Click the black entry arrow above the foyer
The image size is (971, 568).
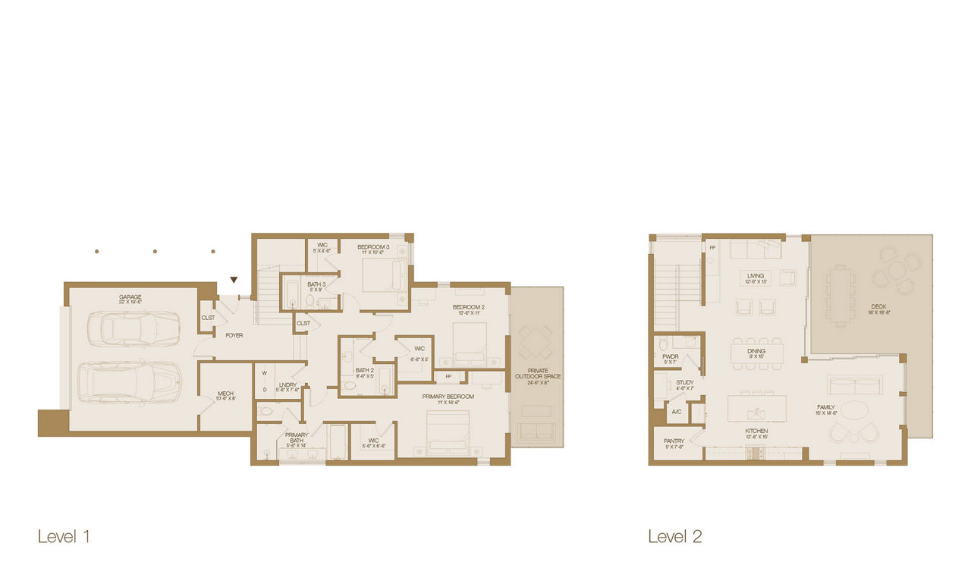234,280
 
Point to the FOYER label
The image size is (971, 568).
234,334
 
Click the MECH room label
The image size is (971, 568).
225,394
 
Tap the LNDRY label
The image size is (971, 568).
288,387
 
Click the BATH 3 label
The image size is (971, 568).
316,286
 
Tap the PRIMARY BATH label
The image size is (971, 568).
297,438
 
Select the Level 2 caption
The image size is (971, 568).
674,537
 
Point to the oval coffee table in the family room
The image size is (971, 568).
855,410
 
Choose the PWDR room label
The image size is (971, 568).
671,358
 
